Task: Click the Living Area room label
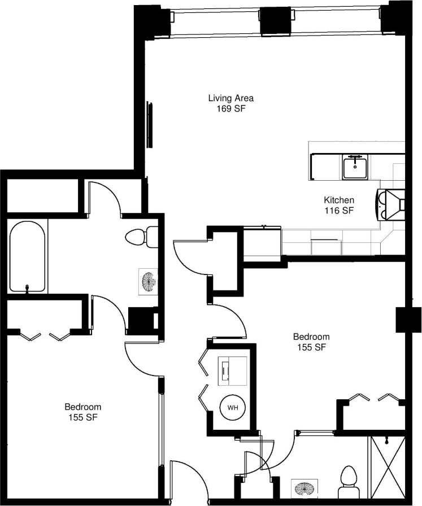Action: [230, 98]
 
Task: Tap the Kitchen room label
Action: [339, 200]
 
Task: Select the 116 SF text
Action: [339, 211]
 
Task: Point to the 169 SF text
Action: [230, 109]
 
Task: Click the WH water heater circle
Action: [233, 407]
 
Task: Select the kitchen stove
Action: [391, 204]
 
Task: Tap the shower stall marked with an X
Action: [387, 469]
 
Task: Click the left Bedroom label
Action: [82, 407]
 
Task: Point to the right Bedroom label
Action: [311, 337]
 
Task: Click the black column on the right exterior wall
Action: [408, 320]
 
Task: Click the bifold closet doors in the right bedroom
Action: [373, 398]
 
